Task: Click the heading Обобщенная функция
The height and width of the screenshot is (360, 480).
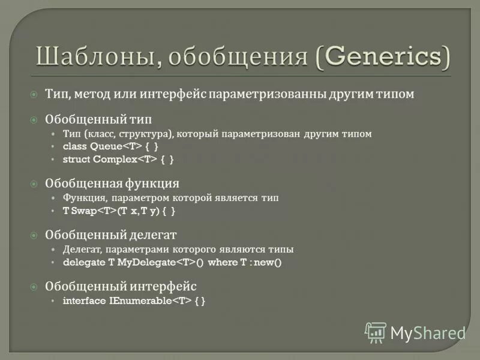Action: (112, 183)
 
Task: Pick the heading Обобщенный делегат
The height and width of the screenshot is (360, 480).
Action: (111, 235)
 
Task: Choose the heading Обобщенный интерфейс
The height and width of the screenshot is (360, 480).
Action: (121, 286)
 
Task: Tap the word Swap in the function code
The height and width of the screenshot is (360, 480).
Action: (85, 211)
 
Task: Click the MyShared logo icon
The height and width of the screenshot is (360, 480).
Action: (376, 332)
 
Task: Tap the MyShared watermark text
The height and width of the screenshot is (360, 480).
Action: (428, 332)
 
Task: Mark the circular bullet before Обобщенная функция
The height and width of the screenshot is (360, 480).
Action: (34, 183)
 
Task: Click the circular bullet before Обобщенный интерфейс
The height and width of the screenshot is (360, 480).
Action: (34, 286)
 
